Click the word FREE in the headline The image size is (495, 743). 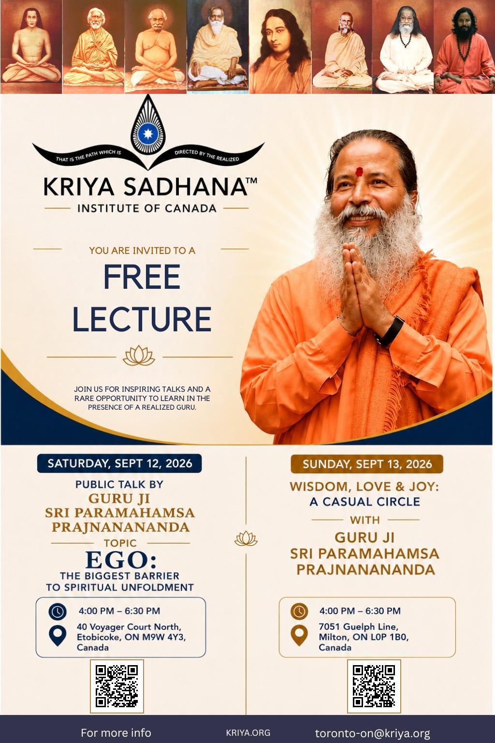(x=142, y=277)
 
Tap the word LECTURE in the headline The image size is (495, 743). (x=142, y=319)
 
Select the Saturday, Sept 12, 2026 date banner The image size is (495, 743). (x=119, y=463)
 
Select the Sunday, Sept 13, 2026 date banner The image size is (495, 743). (x=367, y=464)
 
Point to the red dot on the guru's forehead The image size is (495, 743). (x=359, y=172)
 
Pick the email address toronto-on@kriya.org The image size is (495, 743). (x=372, y=733)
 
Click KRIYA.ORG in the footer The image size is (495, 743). (x=248, y=732)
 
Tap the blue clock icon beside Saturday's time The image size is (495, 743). (x=58, y=611)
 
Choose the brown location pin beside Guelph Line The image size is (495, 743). (x=299, y=636)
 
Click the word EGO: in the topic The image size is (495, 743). (x=121, y=560)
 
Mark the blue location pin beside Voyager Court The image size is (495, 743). (x=58, y=636)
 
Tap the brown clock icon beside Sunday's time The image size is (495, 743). (x=299, y=611)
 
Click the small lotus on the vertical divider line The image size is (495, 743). (x=246, y=538)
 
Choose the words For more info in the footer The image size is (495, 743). (x=116, y=732)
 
